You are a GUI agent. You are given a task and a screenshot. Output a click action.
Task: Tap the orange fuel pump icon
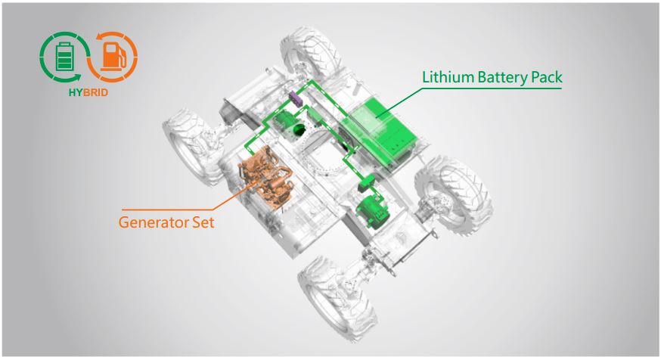[113, 56]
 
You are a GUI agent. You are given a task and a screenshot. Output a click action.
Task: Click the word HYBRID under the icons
[88, 92]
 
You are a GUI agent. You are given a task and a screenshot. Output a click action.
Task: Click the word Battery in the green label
[503, 78]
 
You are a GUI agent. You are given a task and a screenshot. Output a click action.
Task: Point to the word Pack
[547, 77]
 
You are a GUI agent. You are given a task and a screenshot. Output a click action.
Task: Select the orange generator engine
[265, 177]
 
